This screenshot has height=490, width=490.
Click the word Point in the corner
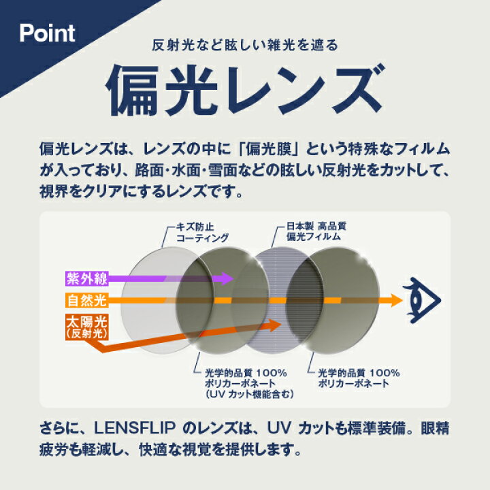tap(47, 33)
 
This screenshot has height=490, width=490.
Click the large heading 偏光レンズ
tap(244, 90)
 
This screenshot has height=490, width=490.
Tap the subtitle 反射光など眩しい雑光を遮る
tap(245, 45)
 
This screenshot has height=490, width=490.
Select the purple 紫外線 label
tap(87, 278)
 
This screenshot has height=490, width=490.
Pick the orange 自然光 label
tap(87, 300)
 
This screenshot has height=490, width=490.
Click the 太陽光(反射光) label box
tap(87, 327)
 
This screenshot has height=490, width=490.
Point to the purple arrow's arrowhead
tap(227, 278)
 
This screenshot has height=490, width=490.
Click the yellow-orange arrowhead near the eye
tap(396, 300)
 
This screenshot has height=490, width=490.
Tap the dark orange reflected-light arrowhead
tap(274, 325)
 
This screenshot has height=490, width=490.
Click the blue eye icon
tap(422, 300)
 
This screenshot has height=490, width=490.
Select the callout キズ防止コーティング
tap(202, 233)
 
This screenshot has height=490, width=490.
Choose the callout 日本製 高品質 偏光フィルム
tap(316, 231)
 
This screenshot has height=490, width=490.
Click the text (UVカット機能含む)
tap(250, 394)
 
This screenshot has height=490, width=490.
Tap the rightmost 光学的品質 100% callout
tap(359, 378)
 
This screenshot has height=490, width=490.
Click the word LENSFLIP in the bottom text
tap(134, 428)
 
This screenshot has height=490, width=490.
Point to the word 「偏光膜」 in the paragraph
tap(269, 149)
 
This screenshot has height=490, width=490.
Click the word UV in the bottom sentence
tap(280, 428)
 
